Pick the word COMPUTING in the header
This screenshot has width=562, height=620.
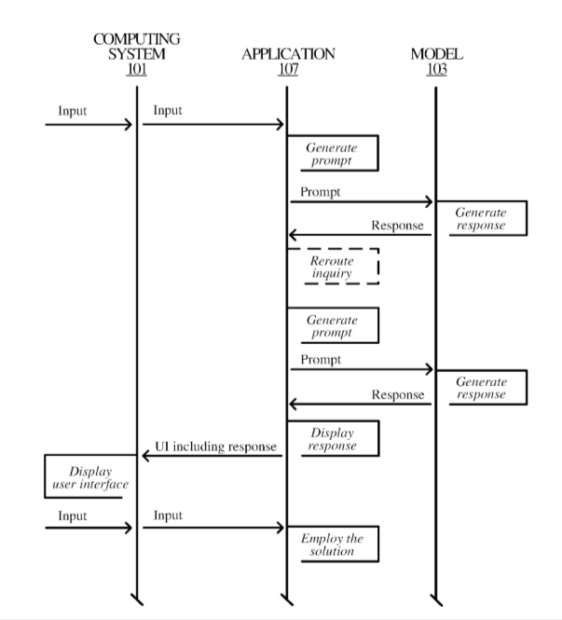137,39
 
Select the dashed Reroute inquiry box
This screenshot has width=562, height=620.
333,267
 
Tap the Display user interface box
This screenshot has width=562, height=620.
84,476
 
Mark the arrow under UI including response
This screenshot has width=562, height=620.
212,456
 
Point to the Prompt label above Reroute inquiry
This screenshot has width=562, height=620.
321,192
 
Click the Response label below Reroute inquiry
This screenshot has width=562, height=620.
398,395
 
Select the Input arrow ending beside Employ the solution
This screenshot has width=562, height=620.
213,528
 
